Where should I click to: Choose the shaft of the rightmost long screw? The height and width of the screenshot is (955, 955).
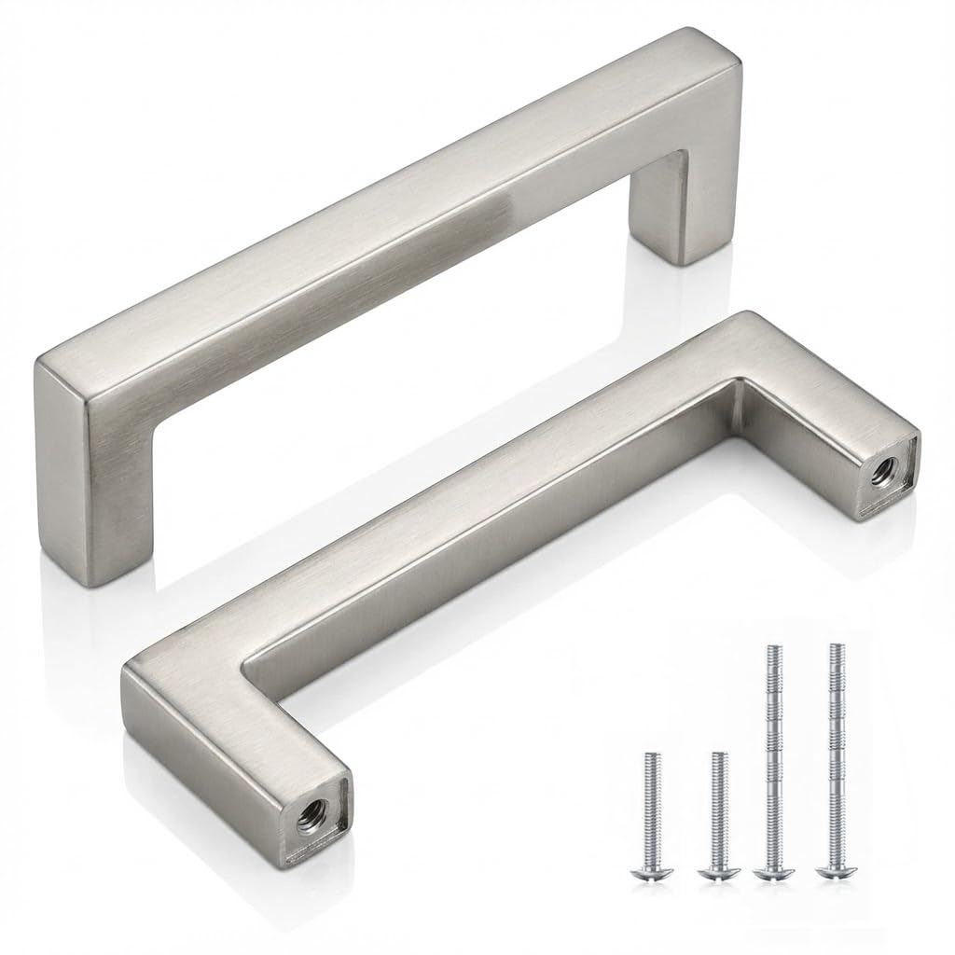833,755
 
